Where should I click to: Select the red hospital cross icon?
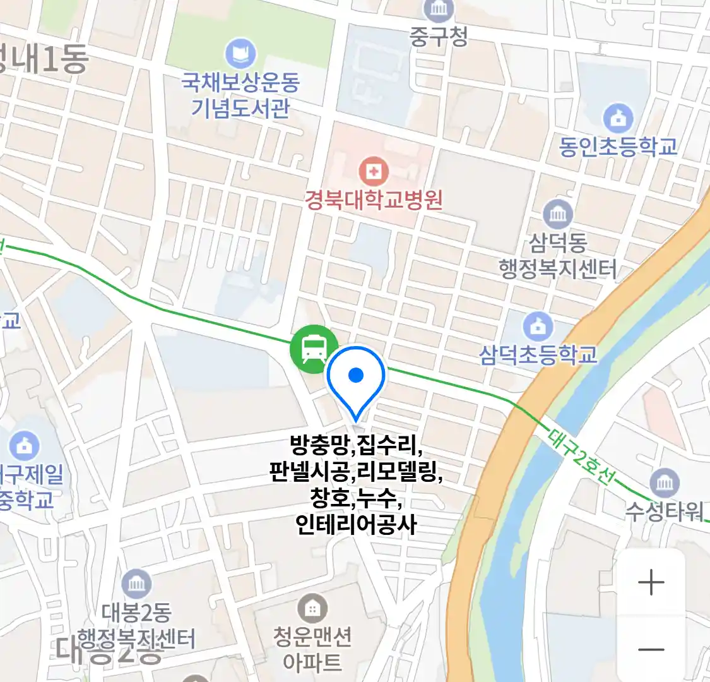pyautogui.click(x=374, y=171)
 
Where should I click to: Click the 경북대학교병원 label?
pyautogui.click(x=374, y=200)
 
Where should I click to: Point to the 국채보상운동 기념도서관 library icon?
pyautogui.click(x=240, y=54)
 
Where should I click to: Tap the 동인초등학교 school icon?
pyautogui.click(x=618, y=119)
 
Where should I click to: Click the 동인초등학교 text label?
pyautogui.click(x=618, y=147)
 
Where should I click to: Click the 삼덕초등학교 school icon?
pyautogui.click(x=538, y=327)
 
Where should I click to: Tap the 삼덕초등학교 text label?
pyautogui.click(x=538, y=355)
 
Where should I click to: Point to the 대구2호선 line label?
pyautogui.click(x=580, y=457)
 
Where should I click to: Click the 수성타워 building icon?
pyautogui.click(x=665, y=484)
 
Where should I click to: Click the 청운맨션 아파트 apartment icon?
pyautogui.click(x=312, y=609)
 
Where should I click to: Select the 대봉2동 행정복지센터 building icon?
pyautogui.click(x=136, y=584)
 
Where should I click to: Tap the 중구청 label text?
pyautogui.click(x=439, y=36)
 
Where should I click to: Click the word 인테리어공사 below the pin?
pyautogui.click(x=356, y=524)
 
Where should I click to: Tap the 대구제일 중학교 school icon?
pyautogui.click(x=24, y=446)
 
